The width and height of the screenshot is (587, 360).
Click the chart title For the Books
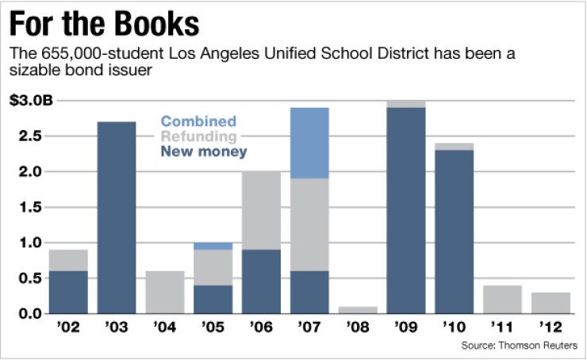104,24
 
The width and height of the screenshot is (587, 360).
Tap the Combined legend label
198,121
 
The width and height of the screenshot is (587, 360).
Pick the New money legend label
203,151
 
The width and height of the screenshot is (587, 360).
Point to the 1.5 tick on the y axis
31,207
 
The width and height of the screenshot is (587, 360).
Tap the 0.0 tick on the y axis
31,314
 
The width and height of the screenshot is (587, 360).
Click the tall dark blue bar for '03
116,217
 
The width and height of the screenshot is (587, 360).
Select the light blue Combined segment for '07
309,143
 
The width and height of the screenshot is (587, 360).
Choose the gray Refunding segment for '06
261,210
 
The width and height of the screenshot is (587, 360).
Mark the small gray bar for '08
358,310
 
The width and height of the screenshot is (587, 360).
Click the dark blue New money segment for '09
406,210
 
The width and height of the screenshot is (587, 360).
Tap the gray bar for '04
164,293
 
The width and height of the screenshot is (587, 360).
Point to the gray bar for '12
551,303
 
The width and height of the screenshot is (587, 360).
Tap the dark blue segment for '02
68,293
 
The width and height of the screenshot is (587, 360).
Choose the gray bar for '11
503,300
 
